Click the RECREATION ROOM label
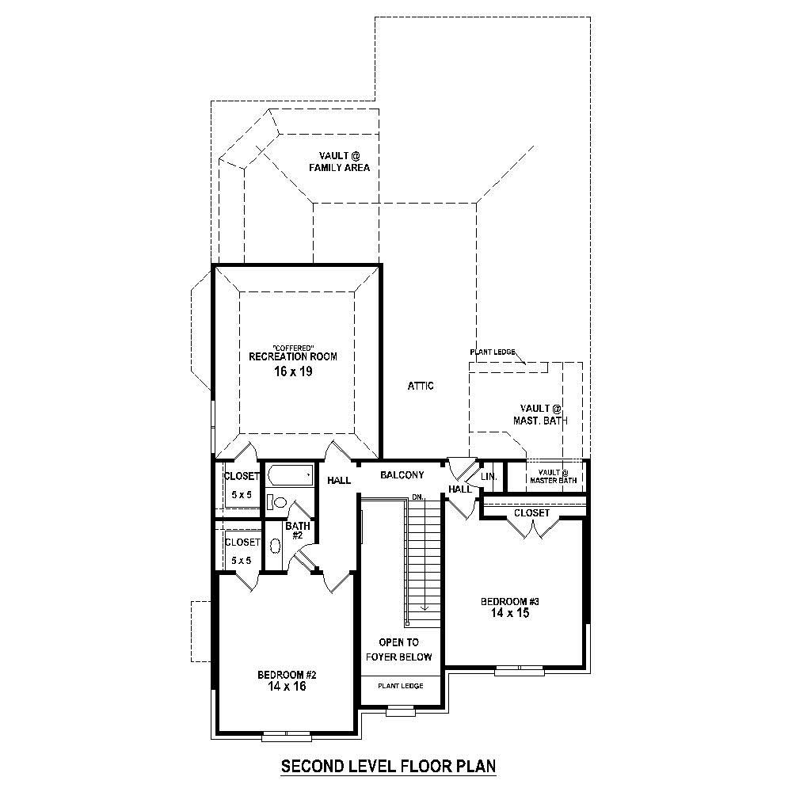tap(292, 356)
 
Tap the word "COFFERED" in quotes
tap(293, 348)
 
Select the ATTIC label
tap(421, 386)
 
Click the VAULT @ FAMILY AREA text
tap(339, 162)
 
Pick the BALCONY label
tap(402, 475)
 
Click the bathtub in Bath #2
tap(289, 476)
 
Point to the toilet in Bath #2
tap(277, 501)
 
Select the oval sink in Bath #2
tap(275, 546)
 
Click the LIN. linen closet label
tap(489, 477)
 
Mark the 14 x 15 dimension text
tap(509, 613)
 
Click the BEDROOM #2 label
tap(287, 675)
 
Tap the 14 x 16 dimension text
tap(287, 687)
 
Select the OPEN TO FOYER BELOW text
tap(399, 649)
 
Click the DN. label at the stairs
tap(417, 497)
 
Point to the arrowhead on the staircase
tap(425, 608)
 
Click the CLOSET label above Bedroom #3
tap(531, 513)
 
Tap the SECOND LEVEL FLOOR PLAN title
tap(388, 766)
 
